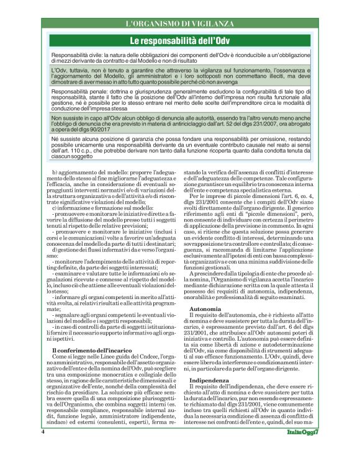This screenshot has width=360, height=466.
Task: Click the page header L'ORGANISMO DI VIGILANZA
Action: click(x=180, y=24)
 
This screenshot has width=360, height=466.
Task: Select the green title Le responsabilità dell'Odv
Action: click(x=180, y=42)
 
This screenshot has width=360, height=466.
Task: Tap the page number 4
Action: click(x=43, y=447)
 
